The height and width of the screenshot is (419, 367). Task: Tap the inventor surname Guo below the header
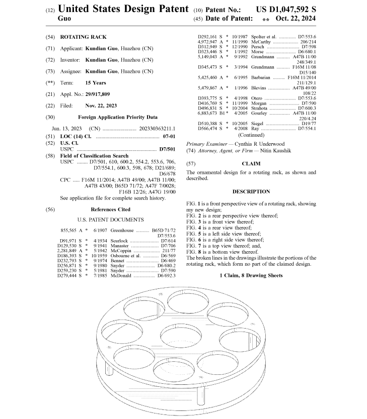pyautogui.click(x=65, y=18)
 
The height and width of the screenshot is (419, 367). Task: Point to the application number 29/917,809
pyautogui.click(x=104, y=94)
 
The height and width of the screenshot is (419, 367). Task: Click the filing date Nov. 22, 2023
pyautogui.click(x=101, y=106)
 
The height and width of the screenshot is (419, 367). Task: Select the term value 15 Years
pyautogui.click(x=96, y=82)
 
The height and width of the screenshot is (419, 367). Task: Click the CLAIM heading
pyautogui.click(x=251, y=164)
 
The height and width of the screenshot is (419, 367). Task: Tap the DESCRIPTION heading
pyautogui.click(x=251, y=191)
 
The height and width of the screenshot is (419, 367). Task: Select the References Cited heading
pyautogui.click(x=110, y=209)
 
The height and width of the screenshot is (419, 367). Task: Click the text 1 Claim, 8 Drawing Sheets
pyautogui.click(x=251, y=275)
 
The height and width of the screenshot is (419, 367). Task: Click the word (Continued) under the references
pyautogui.click(x=251, y=135)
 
